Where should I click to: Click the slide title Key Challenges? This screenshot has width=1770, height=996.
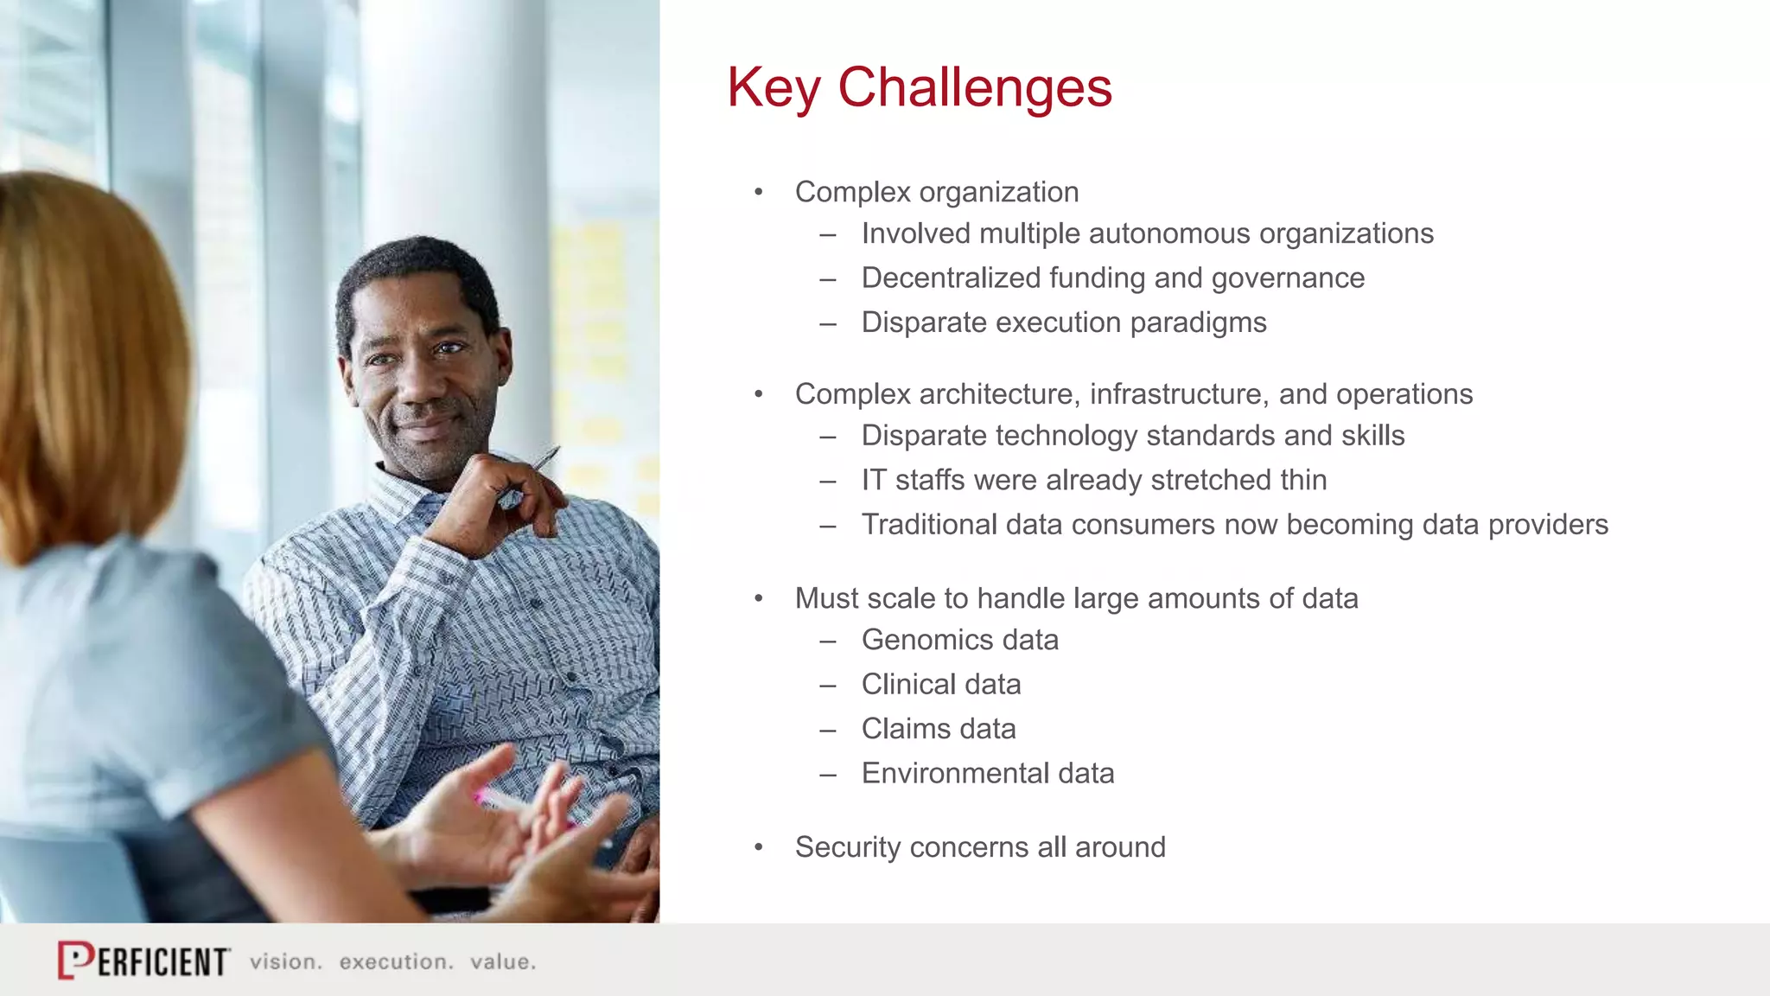pyautogui.click(x=919, y=88)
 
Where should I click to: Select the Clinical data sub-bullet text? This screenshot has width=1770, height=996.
pyautogui.click(x=940, y=685)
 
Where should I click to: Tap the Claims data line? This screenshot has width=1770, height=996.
pyautogui.click(x=938, y=729)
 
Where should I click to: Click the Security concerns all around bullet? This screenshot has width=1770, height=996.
pyautogui.click(x=979, y=847)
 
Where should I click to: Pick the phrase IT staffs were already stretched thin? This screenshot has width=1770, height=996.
pyautogui.click(x=1093, y=480)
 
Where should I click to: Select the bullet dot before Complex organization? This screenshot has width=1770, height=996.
pyautogui.click(x=759, y=192)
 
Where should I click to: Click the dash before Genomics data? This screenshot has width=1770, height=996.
pyautogui.click(x=828, y=642)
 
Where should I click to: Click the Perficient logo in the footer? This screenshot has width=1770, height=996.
pyautogui.click(x=143, y=961)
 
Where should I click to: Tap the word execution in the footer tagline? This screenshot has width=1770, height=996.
pyautogui.click(x=396, y=961)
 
